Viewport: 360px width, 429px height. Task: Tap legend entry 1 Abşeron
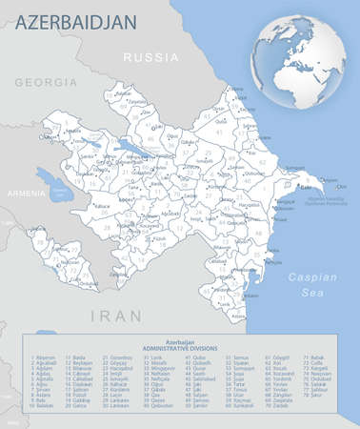tap(42, 357)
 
